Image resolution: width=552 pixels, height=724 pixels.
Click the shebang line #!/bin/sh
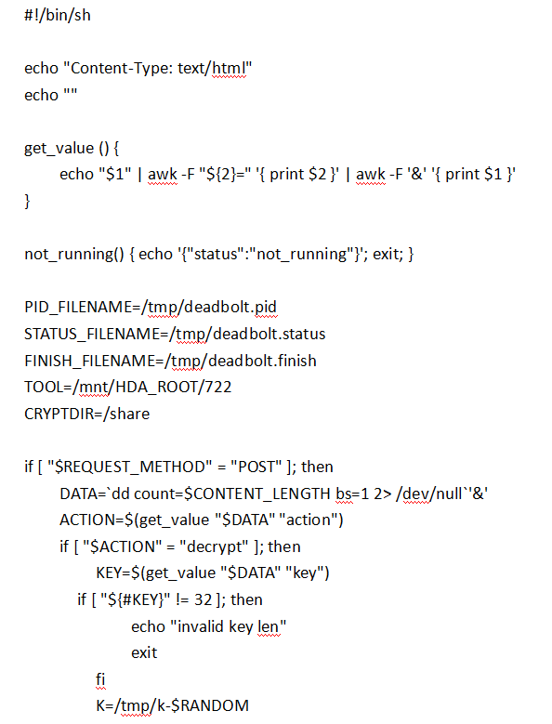58,15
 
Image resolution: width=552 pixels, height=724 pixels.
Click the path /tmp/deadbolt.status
247,334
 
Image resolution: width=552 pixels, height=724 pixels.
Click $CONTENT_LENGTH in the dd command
257,494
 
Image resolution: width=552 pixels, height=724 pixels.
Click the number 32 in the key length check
204,599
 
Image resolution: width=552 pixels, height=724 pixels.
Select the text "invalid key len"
229,626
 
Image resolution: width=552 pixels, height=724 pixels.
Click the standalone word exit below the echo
144,652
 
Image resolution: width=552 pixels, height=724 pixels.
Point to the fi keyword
100,679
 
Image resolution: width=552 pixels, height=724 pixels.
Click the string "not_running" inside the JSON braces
301,255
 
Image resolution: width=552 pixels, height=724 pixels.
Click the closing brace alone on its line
27,202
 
